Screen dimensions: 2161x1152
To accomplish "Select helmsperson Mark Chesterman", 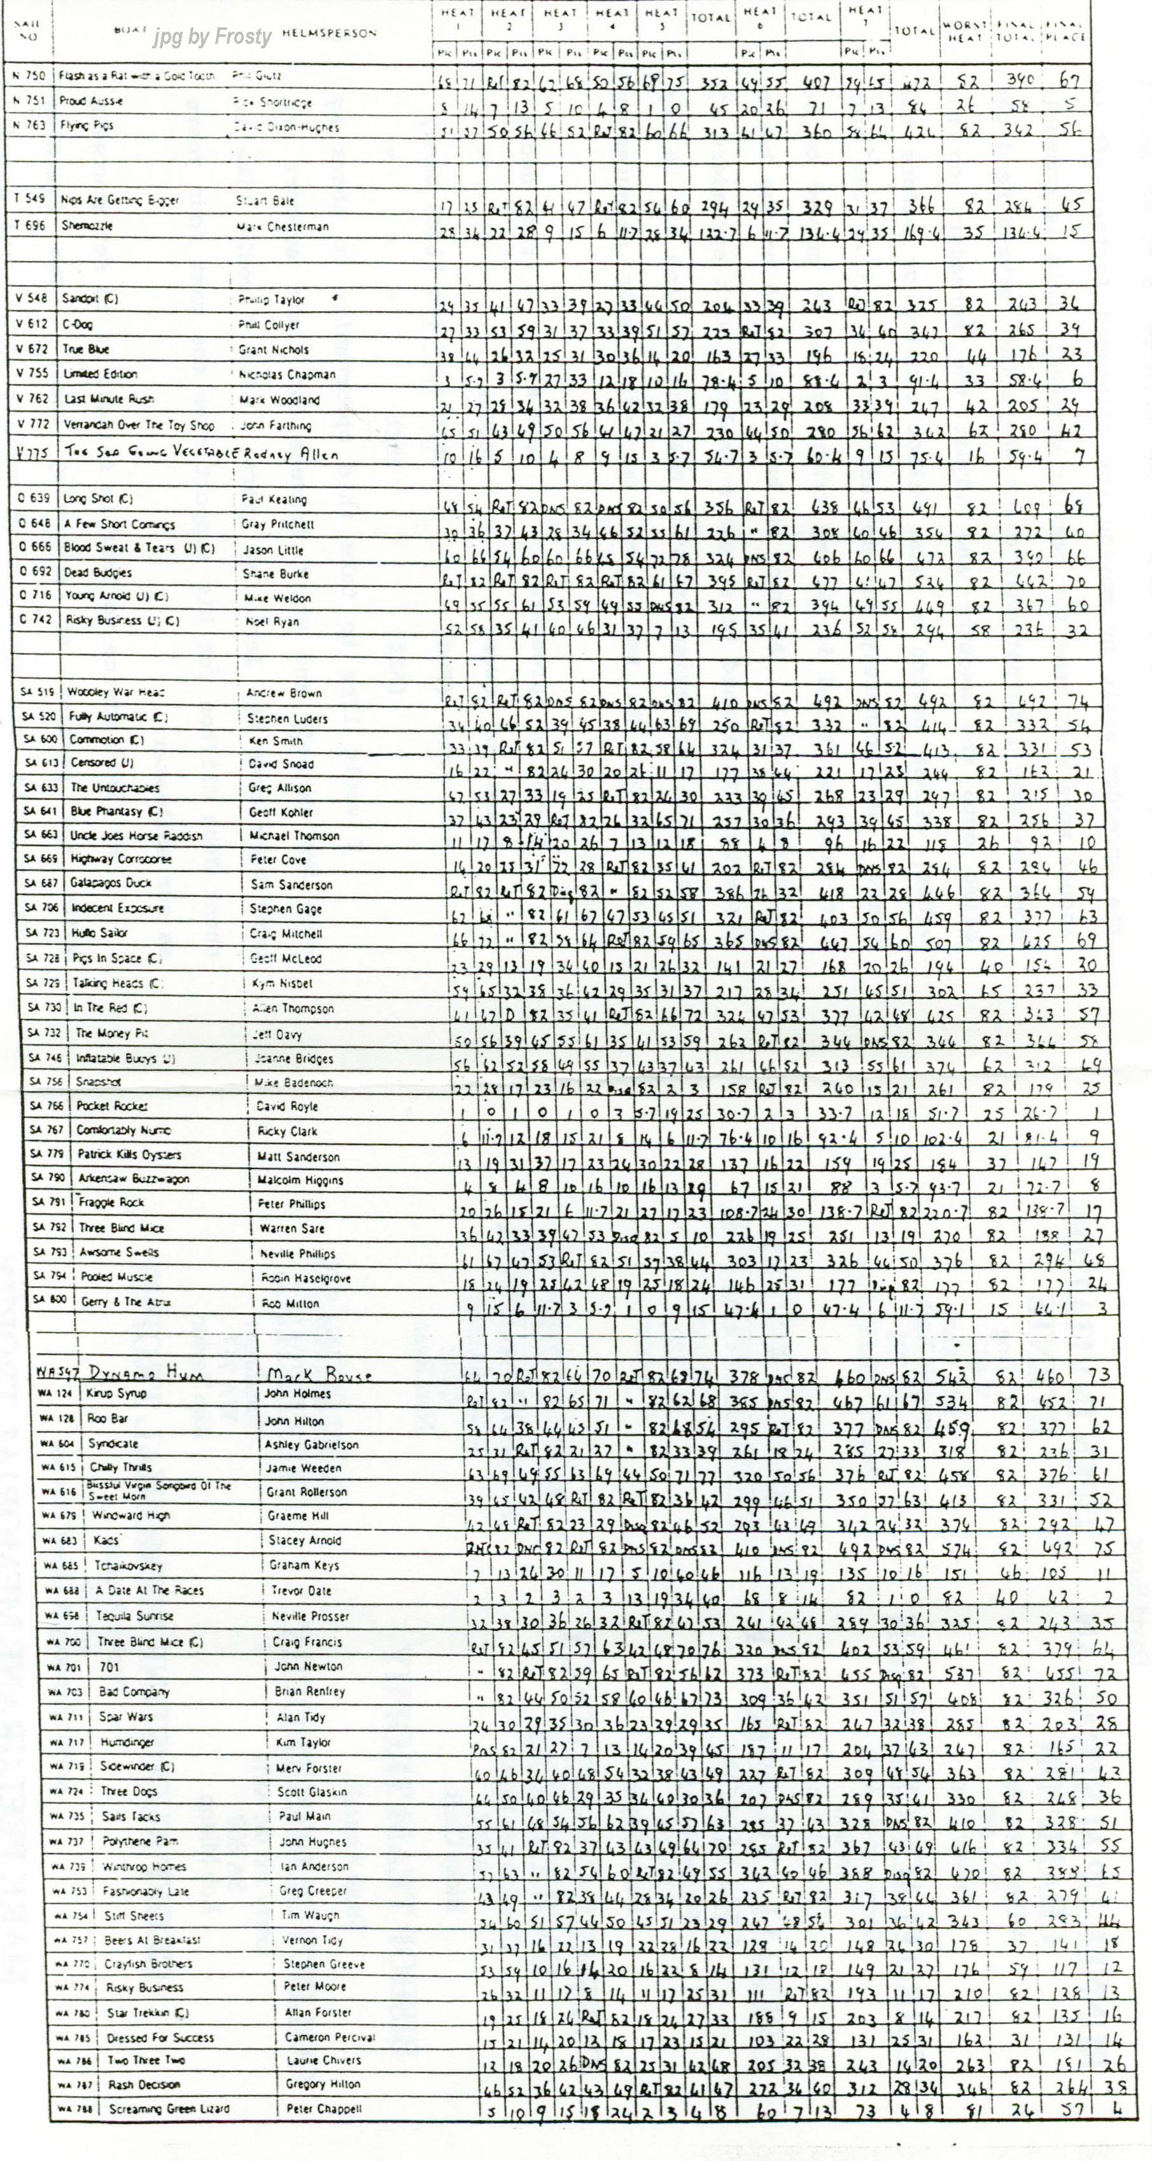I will (282, 227).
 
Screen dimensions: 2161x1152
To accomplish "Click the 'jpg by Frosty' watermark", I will (213, 37).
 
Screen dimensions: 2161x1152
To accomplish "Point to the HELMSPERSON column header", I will (329, 32).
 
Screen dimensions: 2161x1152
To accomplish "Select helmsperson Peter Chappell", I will (324, 2108).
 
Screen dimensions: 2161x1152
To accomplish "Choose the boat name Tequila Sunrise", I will (134, 1616).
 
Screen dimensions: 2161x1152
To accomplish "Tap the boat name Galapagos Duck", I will (111, 883).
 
